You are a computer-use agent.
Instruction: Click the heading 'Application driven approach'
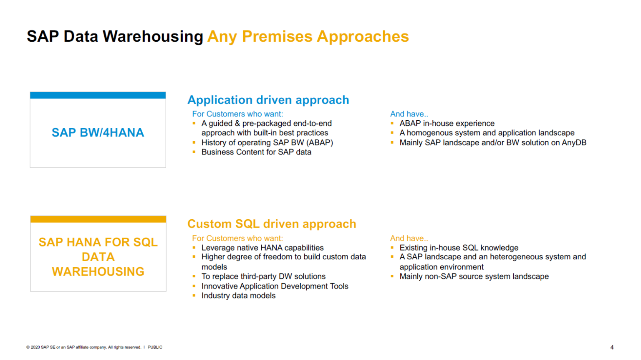pyautogui.click(x=268, y=100)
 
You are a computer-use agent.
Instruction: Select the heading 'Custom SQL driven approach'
pyautogui.click(x=272, y=224)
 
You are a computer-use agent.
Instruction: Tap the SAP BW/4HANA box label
pyautogui.click(x=98, y=133)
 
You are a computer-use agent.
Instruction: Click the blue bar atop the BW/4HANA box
pyautogui.click(x=98, y=95)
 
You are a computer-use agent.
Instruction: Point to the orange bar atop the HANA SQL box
pyautogui.click(x=98, y=219)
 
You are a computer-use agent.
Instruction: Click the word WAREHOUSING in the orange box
pyautogui.click(x=98, y=271)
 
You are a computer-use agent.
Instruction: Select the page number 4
pyautogui.click(x=612, y=347)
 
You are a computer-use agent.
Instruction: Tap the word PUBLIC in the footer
pyautogui.click(x=155, y=347)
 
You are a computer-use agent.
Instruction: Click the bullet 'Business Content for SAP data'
pyautogui.click(x=256, y=152)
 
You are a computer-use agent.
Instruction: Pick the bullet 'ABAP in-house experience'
pyautogui.click(x=447, y=124)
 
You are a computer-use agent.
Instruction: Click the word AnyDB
pyautogui.click(x=574, y=143)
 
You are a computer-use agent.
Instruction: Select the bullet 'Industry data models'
pyautogui.click(x=238, y=296)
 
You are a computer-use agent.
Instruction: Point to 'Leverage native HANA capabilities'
pyautogui.click(x=262, y=248)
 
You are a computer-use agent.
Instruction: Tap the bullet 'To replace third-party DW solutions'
pyautogui.click(x=263, y=276)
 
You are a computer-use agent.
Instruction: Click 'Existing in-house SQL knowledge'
pyautogui.click(x=459, y=248)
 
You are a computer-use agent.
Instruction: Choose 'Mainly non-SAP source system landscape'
pyautogui.click(x=474, y=276)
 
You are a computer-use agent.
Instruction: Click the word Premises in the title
pyautogui.click(x=277, y=37)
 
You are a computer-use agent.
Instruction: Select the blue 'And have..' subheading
pyautogui.click(x=409, y=114)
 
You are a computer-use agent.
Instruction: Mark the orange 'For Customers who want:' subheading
pyautogui.click(x=237, y=238)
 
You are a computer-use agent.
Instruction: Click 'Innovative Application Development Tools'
pyautogui.click(x=275, y=286)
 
